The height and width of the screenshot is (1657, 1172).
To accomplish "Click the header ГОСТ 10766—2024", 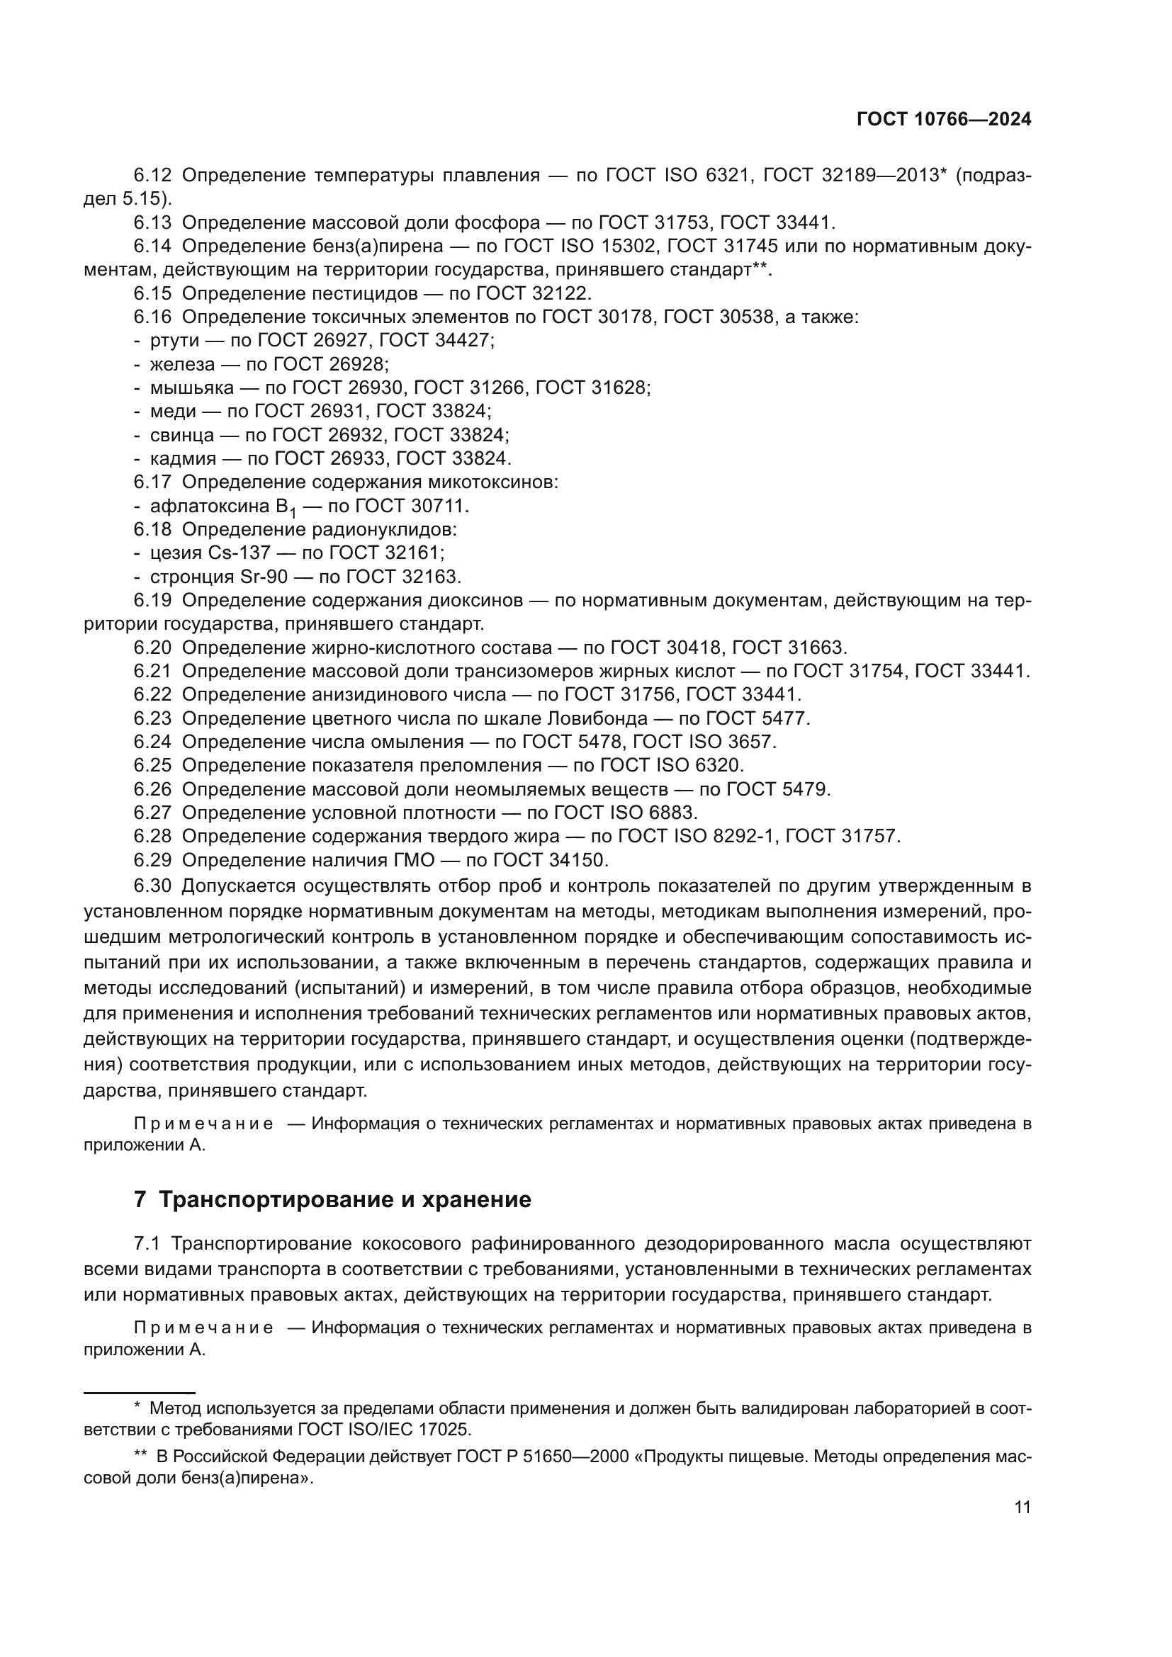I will (x=943, y=120).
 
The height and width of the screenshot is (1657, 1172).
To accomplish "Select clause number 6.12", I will (x=152, y=176).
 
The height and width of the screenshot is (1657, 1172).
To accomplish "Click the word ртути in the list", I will (x=174, y=341).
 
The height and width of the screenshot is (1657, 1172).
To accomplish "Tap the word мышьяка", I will (x=192, y=388).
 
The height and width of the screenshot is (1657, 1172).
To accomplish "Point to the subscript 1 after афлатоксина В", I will (x=293, y=512).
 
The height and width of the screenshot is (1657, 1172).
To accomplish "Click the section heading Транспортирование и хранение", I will (x=344, y=1199).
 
